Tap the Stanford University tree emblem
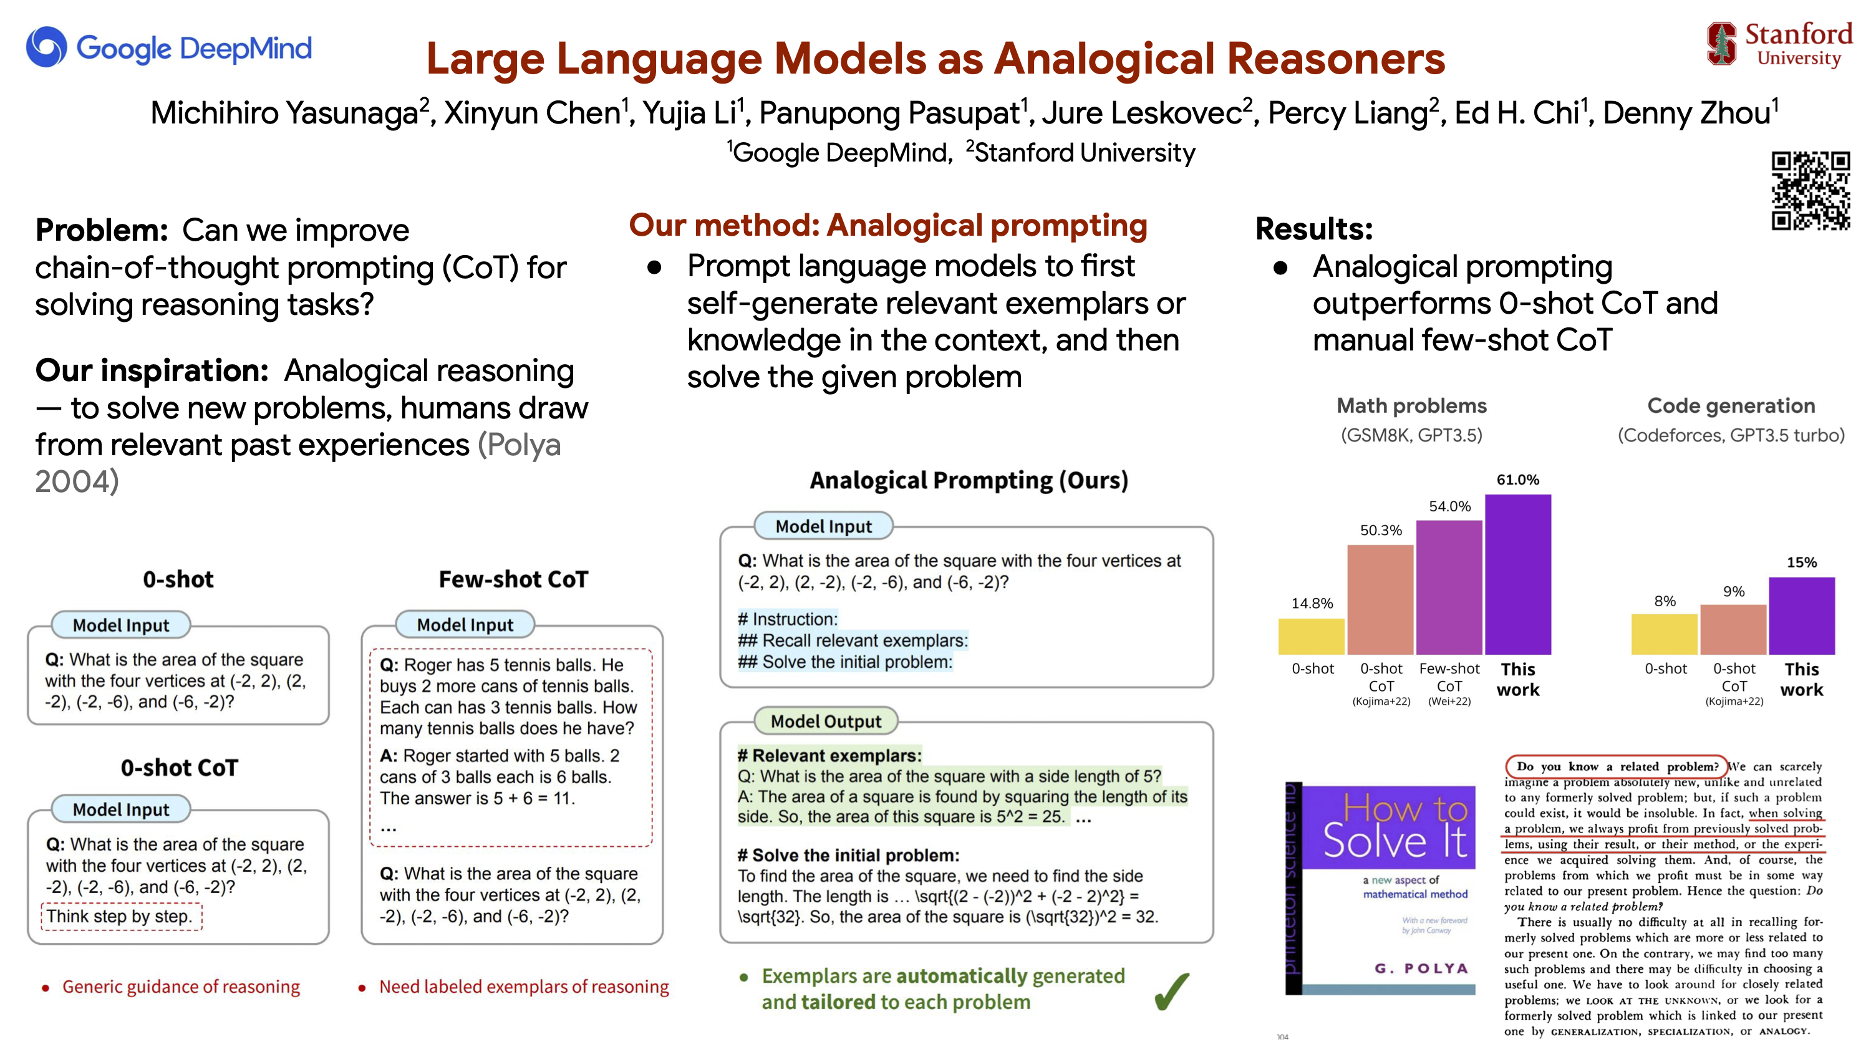click(1721, 43)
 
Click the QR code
click(1810, 190)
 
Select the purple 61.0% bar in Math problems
click(1518, 574)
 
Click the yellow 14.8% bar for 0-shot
click(1312, 637)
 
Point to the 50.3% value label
click(1381, 530)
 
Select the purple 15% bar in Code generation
click(1802, 615)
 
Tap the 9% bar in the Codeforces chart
click(1733, 629)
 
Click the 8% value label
click(1665, 601)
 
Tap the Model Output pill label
click(826, 721)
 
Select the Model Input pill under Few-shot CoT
click(465, 624)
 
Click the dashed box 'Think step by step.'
click(121, 916)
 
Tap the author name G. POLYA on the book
click(1421, 968)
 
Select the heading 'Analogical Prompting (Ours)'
click(969, 481)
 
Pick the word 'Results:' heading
click(1314, 229)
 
